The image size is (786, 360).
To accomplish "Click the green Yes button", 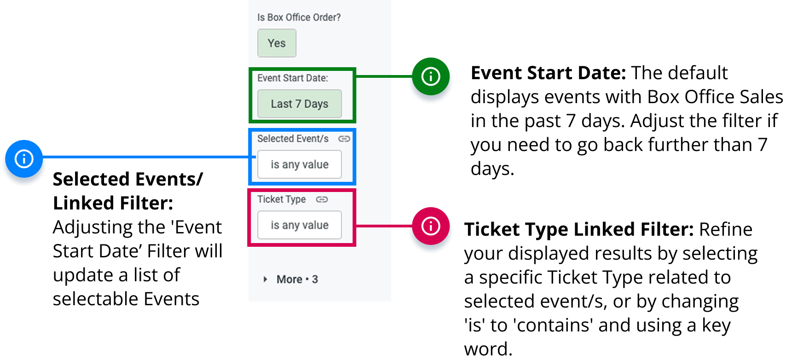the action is point(277,43).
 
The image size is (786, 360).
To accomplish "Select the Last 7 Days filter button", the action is point(299,104).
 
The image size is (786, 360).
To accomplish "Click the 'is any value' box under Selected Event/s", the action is point(299,164).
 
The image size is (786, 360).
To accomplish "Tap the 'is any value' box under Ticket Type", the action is point(299,225).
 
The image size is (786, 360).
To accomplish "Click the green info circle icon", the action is point(431,76).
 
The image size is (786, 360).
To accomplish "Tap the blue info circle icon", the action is point(24,159).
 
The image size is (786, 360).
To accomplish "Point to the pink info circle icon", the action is point(431,226).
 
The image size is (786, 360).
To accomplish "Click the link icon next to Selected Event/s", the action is point(344,139).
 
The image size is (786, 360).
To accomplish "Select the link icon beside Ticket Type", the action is point(322,199).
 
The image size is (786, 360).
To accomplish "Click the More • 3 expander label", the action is point(297,279).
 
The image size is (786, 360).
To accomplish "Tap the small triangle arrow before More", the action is point(265,279).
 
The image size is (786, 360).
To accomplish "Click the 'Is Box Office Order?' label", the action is point(299,17).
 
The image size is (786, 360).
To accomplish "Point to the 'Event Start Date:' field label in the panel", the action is point(293,78).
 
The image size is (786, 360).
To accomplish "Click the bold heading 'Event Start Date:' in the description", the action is point(548,73).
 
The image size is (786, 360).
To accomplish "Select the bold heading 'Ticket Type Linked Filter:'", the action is point(578,229).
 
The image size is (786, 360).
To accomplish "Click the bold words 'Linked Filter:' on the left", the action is point(113,203).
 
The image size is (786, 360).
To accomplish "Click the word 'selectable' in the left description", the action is point(95,299).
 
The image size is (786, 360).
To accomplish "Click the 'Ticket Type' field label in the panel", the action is point(282,199).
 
